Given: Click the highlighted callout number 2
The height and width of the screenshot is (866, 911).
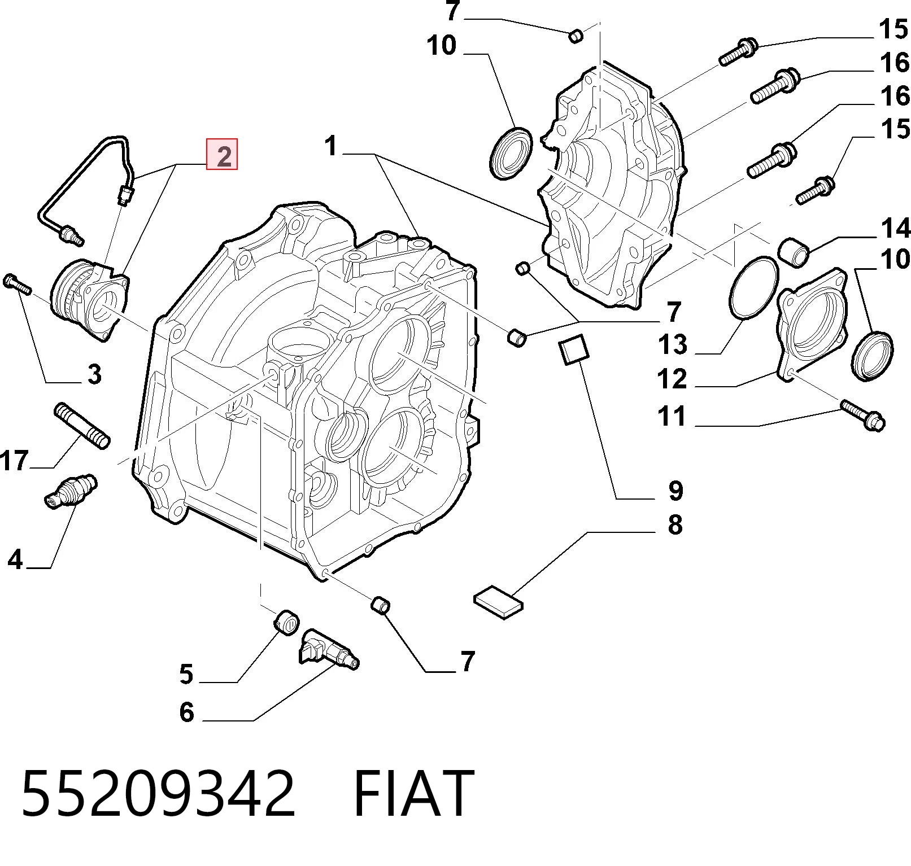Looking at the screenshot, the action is (x=222, y=154).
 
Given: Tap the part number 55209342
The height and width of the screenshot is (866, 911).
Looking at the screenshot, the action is (x=158, y=793).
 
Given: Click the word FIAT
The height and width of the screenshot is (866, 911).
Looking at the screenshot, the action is (x=413, y=793).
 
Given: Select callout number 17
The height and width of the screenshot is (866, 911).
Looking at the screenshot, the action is (x=15, y=461).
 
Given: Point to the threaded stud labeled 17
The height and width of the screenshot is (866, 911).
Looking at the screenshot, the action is (x=81, y=426).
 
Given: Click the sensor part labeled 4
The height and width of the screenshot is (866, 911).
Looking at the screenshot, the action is (x=71, y=490).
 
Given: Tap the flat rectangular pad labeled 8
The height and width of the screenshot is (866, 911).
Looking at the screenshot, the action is (x=499, y=602).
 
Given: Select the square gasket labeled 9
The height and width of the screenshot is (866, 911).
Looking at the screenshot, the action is (x=573, y=350).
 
